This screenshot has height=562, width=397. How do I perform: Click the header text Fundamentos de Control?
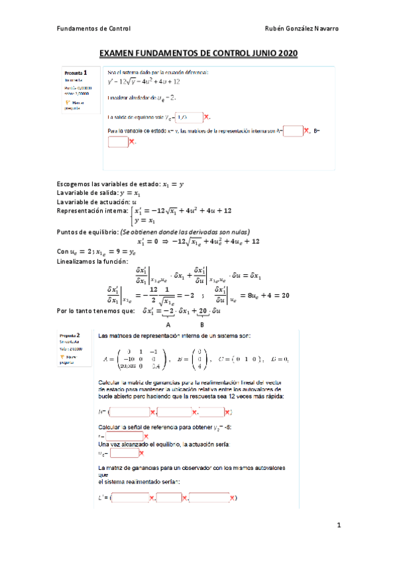(x=93, y=28)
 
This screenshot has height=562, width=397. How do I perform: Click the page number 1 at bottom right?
(x=338, y=526)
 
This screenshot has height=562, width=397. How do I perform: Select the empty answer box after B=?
(x=117, y=141)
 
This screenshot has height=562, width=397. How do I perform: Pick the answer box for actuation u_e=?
(x=124, y=453)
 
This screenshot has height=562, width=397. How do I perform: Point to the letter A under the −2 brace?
(x=168, y=325)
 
